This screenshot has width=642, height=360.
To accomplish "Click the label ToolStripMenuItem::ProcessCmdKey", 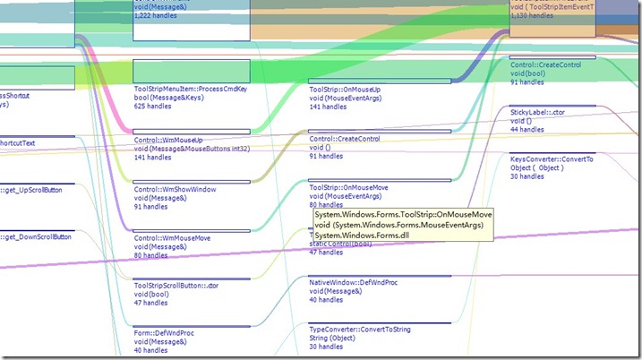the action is pyautogui.click(x=190, y=90).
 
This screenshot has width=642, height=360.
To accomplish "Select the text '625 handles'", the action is pyautogui.click(x=155, y=107).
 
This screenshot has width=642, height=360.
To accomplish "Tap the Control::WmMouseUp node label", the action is pyautogui.click(x=168, y=140).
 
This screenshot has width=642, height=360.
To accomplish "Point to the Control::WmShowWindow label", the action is pyautogui.click(x=175, y=190).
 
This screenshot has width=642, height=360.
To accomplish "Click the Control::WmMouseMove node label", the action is pyautogui.click(x=172, y=239).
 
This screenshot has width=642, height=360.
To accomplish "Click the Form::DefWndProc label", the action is pyautogui.click(x=164, y=333).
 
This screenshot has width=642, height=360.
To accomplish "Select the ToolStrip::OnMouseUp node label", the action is pyautogui.click(x=345, y=90).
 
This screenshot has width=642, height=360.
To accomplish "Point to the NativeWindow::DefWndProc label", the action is pyautogui.click(x=353, y=283).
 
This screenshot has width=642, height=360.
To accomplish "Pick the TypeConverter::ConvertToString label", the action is pyautogui.click(x=360, y=330).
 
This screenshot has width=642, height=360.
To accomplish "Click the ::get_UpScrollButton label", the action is pyautogui.click(x=37, y=189).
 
